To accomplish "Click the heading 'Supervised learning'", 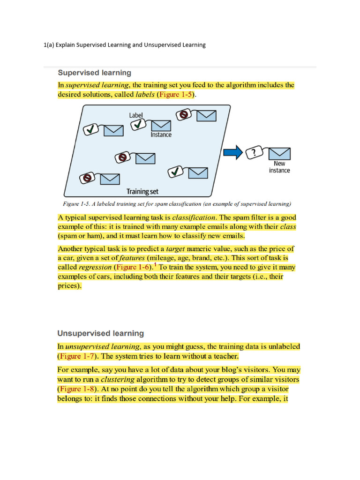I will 94,73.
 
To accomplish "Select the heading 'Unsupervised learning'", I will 100,333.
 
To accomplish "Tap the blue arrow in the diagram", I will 233,152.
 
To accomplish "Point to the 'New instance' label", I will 279,167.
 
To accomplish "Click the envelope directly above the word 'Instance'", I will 161,125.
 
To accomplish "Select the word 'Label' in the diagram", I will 136,115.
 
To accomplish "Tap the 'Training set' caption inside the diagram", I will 142,191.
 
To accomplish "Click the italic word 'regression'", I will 95,267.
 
